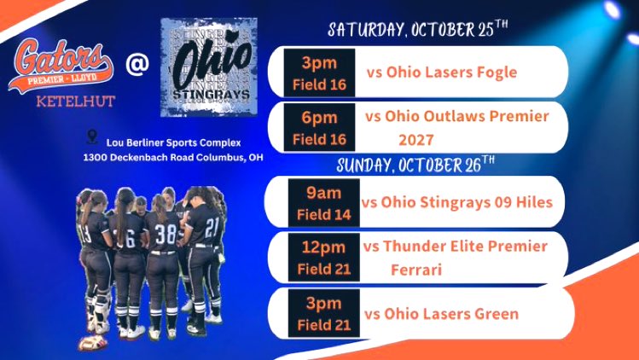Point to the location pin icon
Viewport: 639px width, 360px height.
coord(92,136)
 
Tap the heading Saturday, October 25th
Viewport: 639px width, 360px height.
coord(418,30)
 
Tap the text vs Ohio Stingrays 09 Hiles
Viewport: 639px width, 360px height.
coord(457,202)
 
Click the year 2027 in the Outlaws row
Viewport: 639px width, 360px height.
coord(417,138)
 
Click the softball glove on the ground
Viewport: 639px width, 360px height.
coord(90,343)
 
